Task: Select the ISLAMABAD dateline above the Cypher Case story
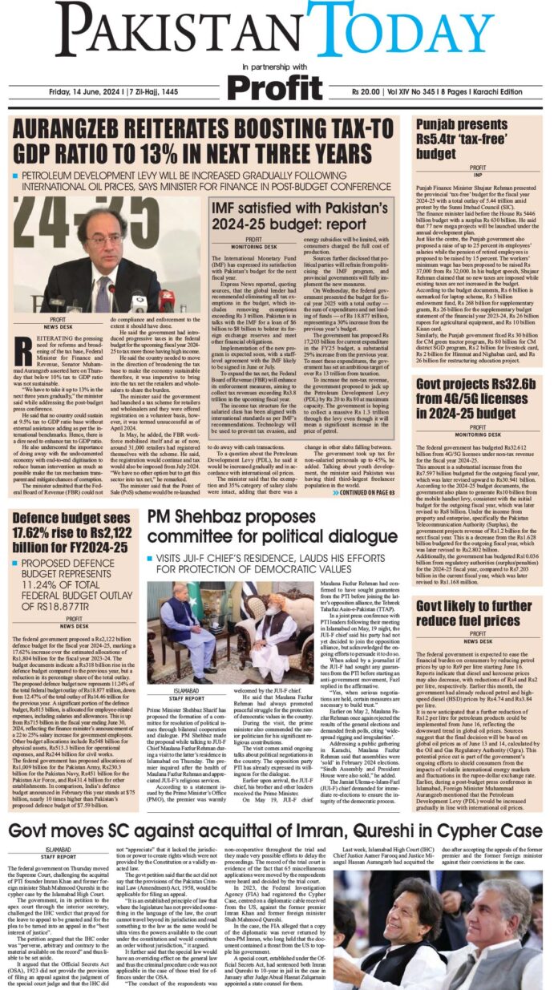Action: (x=26, y=826)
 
